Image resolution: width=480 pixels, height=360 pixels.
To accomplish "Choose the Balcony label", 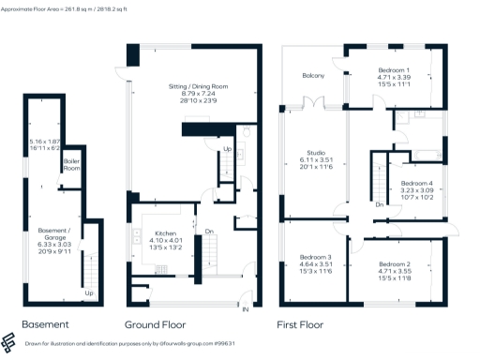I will pos(313,75).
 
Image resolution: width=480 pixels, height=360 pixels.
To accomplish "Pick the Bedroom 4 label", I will pos(417,183).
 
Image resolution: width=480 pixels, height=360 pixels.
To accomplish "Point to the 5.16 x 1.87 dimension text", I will pos(44,142).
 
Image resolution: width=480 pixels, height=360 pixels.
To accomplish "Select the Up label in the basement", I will pos(90,292).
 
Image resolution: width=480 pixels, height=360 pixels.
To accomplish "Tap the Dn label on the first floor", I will pos(378,203).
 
